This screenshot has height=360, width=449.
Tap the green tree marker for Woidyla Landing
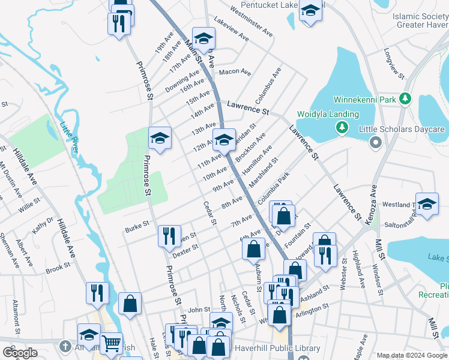342,127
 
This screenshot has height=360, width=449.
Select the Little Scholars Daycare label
401,129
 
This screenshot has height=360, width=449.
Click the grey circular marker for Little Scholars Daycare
376,142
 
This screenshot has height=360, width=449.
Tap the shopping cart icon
111,343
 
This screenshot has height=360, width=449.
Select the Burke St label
136,229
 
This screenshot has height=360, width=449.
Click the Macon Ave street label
235,72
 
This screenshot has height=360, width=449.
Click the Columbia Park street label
273,188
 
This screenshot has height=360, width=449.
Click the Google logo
20,353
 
